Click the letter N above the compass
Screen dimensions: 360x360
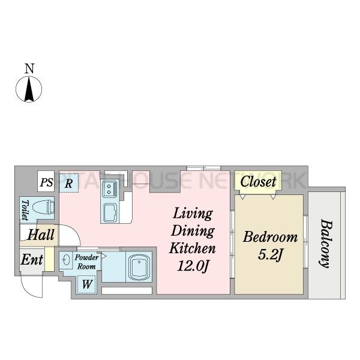(x=29, y=68)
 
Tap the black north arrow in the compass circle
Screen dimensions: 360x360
(x=29, y=89)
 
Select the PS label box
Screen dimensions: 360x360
(x=46, y=181)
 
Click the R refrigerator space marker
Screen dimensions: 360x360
(x=68, y=183)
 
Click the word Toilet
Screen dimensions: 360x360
(x=25, y=210)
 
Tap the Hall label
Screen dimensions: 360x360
(x=41, y=235)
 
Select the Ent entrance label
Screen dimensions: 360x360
(x=32, y=260)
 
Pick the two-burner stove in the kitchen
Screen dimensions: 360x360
(x=110, y=189)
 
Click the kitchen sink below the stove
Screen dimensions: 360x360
(x=110, y=212)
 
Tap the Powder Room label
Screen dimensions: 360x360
(x=86, y=262)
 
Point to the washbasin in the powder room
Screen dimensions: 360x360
(x=66, y=260)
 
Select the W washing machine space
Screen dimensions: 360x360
(x=87, y=284)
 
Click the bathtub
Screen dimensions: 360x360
(x=139, y=267)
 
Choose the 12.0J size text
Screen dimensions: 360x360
(x=193, y=266)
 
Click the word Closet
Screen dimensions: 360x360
(x=258, y=181)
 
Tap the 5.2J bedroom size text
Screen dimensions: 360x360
(x=270, y=255)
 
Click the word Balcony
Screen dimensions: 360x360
(x=326, y=244)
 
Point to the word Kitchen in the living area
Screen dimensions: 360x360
(x=193, y=248)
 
